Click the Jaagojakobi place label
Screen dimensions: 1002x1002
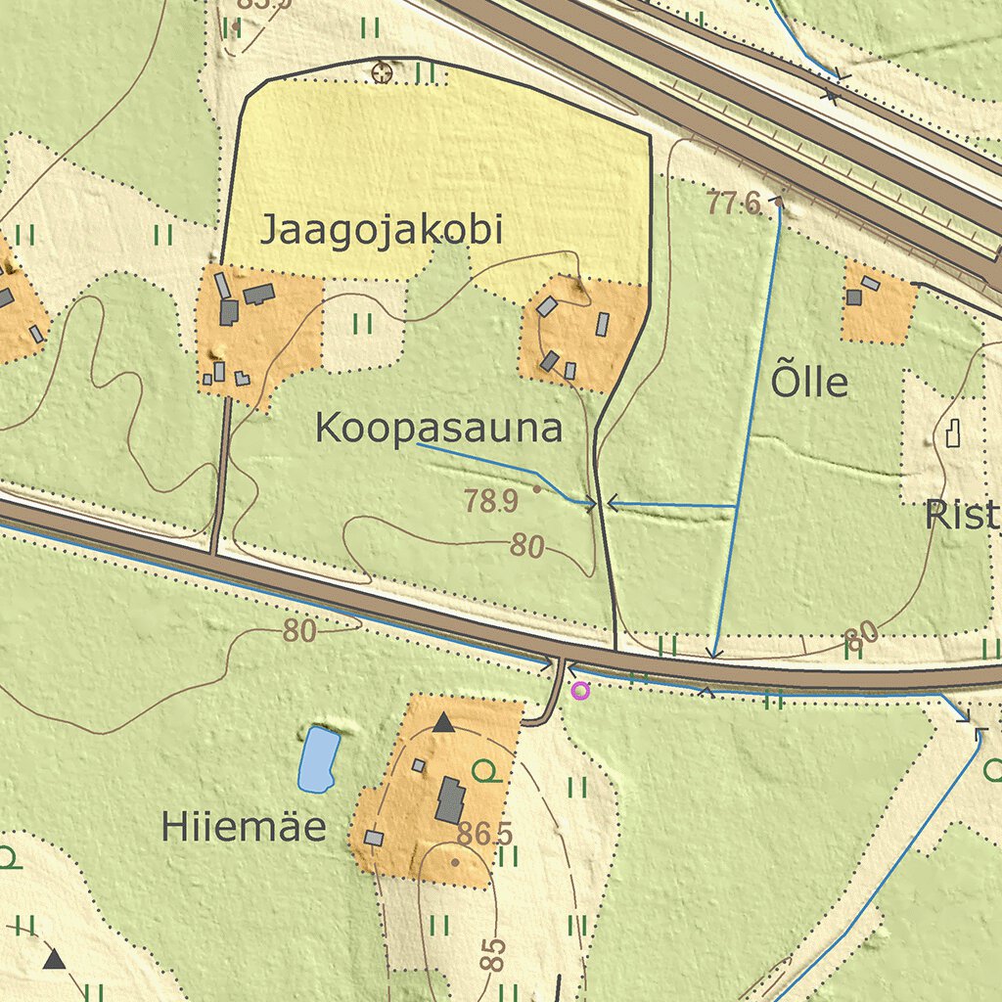pos(381,231)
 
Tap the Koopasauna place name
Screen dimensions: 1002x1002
pos(439,429)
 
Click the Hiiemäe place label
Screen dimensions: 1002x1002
pos(244,828)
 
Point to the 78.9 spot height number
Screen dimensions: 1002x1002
pos(491,502)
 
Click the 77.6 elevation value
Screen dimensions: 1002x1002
pos(734,204)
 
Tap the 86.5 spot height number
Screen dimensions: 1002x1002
pos(484,835)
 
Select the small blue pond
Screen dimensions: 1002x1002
pos(318,759)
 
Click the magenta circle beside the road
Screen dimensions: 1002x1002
pos(580,691)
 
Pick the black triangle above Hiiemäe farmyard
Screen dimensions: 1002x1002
pos(443,723)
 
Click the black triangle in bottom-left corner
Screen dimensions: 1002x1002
pos(54,959)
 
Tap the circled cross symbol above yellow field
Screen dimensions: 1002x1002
pos(383,71)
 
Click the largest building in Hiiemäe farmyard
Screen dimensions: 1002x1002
pos(450,799)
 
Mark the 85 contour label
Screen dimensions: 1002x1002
pos(494,954)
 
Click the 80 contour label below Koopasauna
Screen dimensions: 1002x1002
pos(526,547)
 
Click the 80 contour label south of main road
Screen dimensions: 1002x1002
pos(299,631)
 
